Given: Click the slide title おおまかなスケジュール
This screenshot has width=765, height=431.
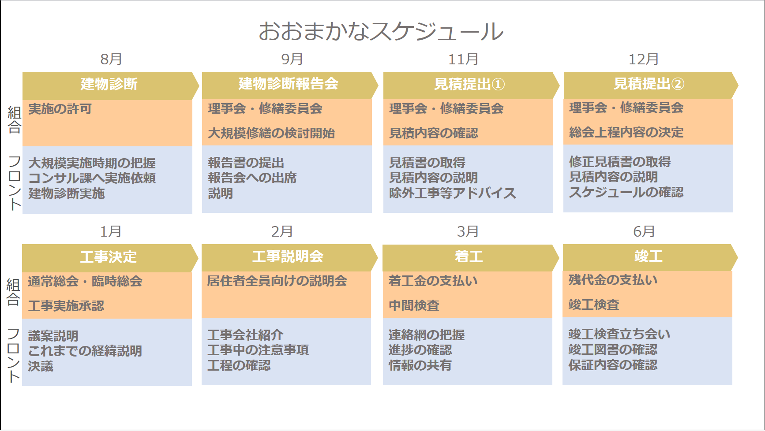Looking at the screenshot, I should point(381,32).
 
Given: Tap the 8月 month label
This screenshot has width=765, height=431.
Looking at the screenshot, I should point(111,59).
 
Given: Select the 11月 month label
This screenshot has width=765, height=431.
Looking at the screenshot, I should point(463,59).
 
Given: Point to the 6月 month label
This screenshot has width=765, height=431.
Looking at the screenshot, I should point(644,231).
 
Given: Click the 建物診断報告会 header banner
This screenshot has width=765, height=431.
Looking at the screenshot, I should point(288,84).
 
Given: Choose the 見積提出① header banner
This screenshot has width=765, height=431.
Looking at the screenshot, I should point(469,84).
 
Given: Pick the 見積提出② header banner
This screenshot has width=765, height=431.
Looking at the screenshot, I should point(649,84).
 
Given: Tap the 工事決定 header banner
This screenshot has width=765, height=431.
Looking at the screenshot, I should point(109,256).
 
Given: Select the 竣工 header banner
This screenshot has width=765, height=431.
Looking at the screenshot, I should point(648,256).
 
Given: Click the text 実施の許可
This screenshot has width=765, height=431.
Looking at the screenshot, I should point(60,109).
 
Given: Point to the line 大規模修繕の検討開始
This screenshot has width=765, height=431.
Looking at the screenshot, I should point(271,133).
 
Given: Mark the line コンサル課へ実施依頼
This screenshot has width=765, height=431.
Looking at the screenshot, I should point(92,178).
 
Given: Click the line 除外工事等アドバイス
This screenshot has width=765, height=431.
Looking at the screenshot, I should point(453,193).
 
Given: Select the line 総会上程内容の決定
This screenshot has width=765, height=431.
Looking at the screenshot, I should point(626,132).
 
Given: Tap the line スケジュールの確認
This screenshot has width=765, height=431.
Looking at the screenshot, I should point(626,192).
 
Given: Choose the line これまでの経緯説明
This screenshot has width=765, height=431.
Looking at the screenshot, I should point(85,351).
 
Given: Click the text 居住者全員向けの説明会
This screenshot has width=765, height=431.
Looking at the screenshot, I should point(277,281).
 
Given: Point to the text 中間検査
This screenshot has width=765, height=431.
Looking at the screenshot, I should point(414,305).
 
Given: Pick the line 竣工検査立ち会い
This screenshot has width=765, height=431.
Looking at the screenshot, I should point(619,334).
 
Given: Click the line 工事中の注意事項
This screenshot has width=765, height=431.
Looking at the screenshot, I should point(258,350).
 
